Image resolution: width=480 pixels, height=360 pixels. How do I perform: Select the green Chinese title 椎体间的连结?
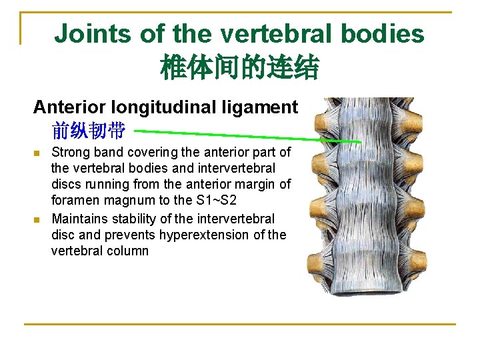point(239,67)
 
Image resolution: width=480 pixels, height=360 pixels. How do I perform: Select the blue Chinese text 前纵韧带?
point(88,130)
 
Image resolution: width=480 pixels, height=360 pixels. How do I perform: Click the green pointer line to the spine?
point(247,134)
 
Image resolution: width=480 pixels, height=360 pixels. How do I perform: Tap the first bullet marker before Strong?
point(37,153)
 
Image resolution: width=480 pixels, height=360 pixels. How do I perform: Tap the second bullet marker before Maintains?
point(37,219)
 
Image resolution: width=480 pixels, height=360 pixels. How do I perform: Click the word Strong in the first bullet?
point(69,153)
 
